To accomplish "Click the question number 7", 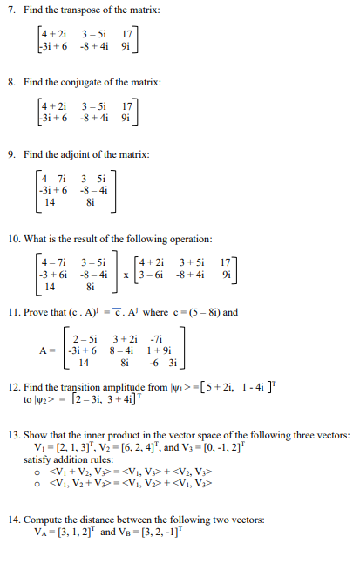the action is (10, 10).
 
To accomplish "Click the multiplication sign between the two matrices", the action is (125, 275).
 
